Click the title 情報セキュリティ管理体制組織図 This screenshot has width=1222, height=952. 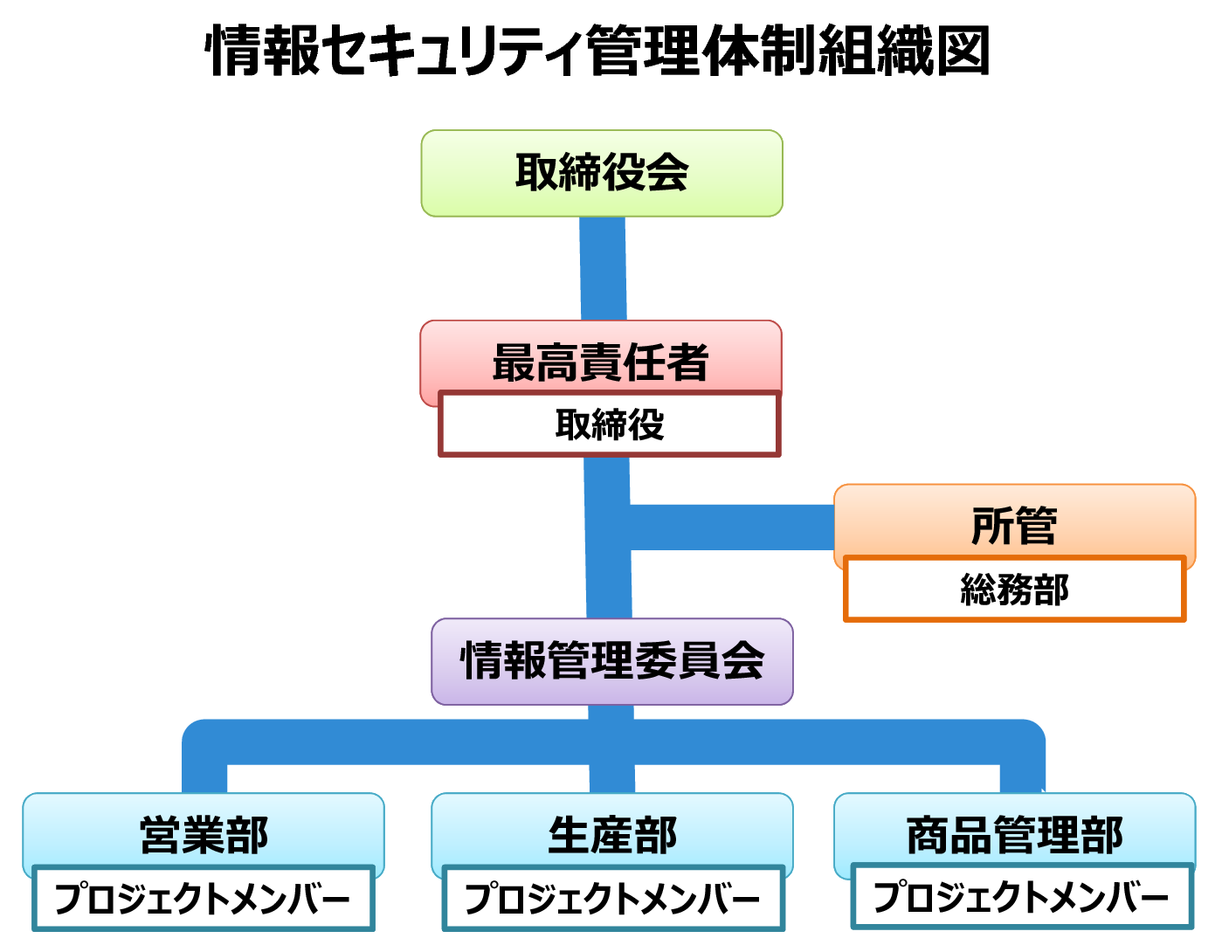click(597, 51)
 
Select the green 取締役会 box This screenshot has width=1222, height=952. click(602, 173)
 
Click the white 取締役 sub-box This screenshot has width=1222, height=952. click(610, 424)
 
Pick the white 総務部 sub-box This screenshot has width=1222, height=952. click(1014, 589)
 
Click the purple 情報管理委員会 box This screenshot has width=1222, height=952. click(611, 661)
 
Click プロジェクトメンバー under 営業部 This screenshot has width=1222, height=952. click(203, 898)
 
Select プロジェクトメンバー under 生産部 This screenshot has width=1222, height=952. click(613, 898)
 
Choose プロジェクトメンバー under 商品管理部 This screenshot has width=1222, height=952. click(1022, 896)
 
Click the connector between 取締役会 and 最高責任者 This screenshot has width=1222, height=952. click(603, 269)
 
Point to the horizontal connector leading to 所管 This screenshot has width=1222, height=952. click(732, 528)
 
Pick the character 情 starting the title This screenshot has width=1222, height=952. click(233, 51)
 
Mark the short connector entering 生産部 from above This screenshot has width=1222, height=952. click(612, 779)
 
